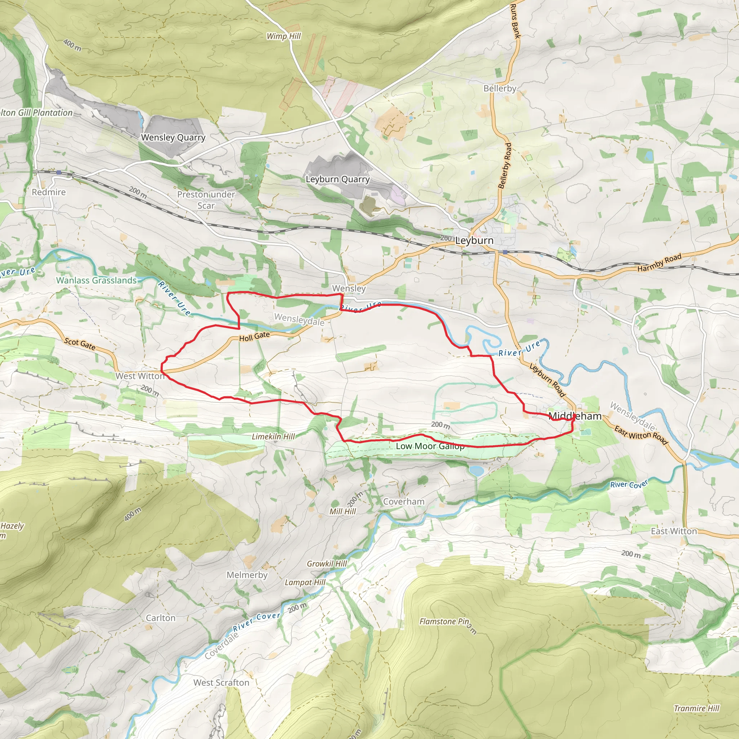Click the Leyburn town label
click(474, 241)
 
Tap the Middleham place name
click(575, 416)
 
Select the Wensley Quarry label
click(173, 137)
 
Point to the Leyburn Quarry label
click(337, 179)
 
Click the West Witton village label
click(140, 376)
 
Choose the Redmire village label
click(49, 192)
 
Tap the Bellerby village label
click(499, 88)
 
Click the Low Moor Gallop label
click(430, 446)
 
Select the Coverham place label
click(403, 502)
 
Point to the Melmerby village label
click(247, 575)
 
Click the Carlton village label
click(161, 618)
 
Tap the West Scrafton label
click(221, 683)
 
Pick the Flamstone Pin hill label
click(444, 622)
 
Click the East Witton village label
click(674, 531)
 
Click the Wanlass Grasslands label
click(96, 280)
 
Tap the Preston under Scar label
click(206, 200)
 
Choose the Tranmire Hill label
click(696, 708)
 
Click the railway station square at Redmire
click(58, 172)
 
